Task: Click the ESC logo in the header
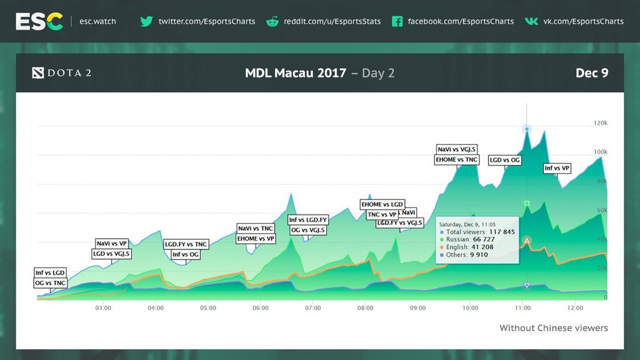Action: click(x=39, y=21)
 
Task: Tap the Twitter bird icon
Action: click(x=146, y=21)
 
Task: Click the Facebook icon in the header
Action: click(x=397, y=21)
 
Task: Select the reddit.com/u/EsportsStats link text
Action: click(x=332, y=21)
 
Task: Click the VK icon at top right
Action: click(x=531, y=21)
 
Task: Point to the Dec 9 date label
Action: click(x=591, y=73)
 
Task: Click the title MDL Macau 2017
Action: click(x=296, y=73)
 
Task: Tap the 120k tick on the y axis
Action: click(x=600, y=123)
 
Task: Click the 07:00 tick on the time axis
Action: click(x=313, y=308)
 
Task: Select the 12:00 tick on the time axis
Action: click(x=575, y=308)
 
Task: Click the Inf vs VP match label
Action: click(x=557, y=168)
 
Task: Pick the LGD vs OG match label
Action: click(x=504, y=160)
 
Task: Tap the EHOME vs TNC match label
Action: click(x=457, y=159)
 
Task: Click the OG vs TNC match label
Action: click(x=51, y=283)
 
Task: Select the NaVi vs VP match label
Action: click(x=112, y=243)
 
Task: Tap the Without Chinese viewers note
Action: click(x=553, y=328)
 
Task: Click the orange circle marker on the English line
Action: click(x=527, y=241)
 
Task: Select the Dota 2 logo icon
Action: click(x=38, y=73)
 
